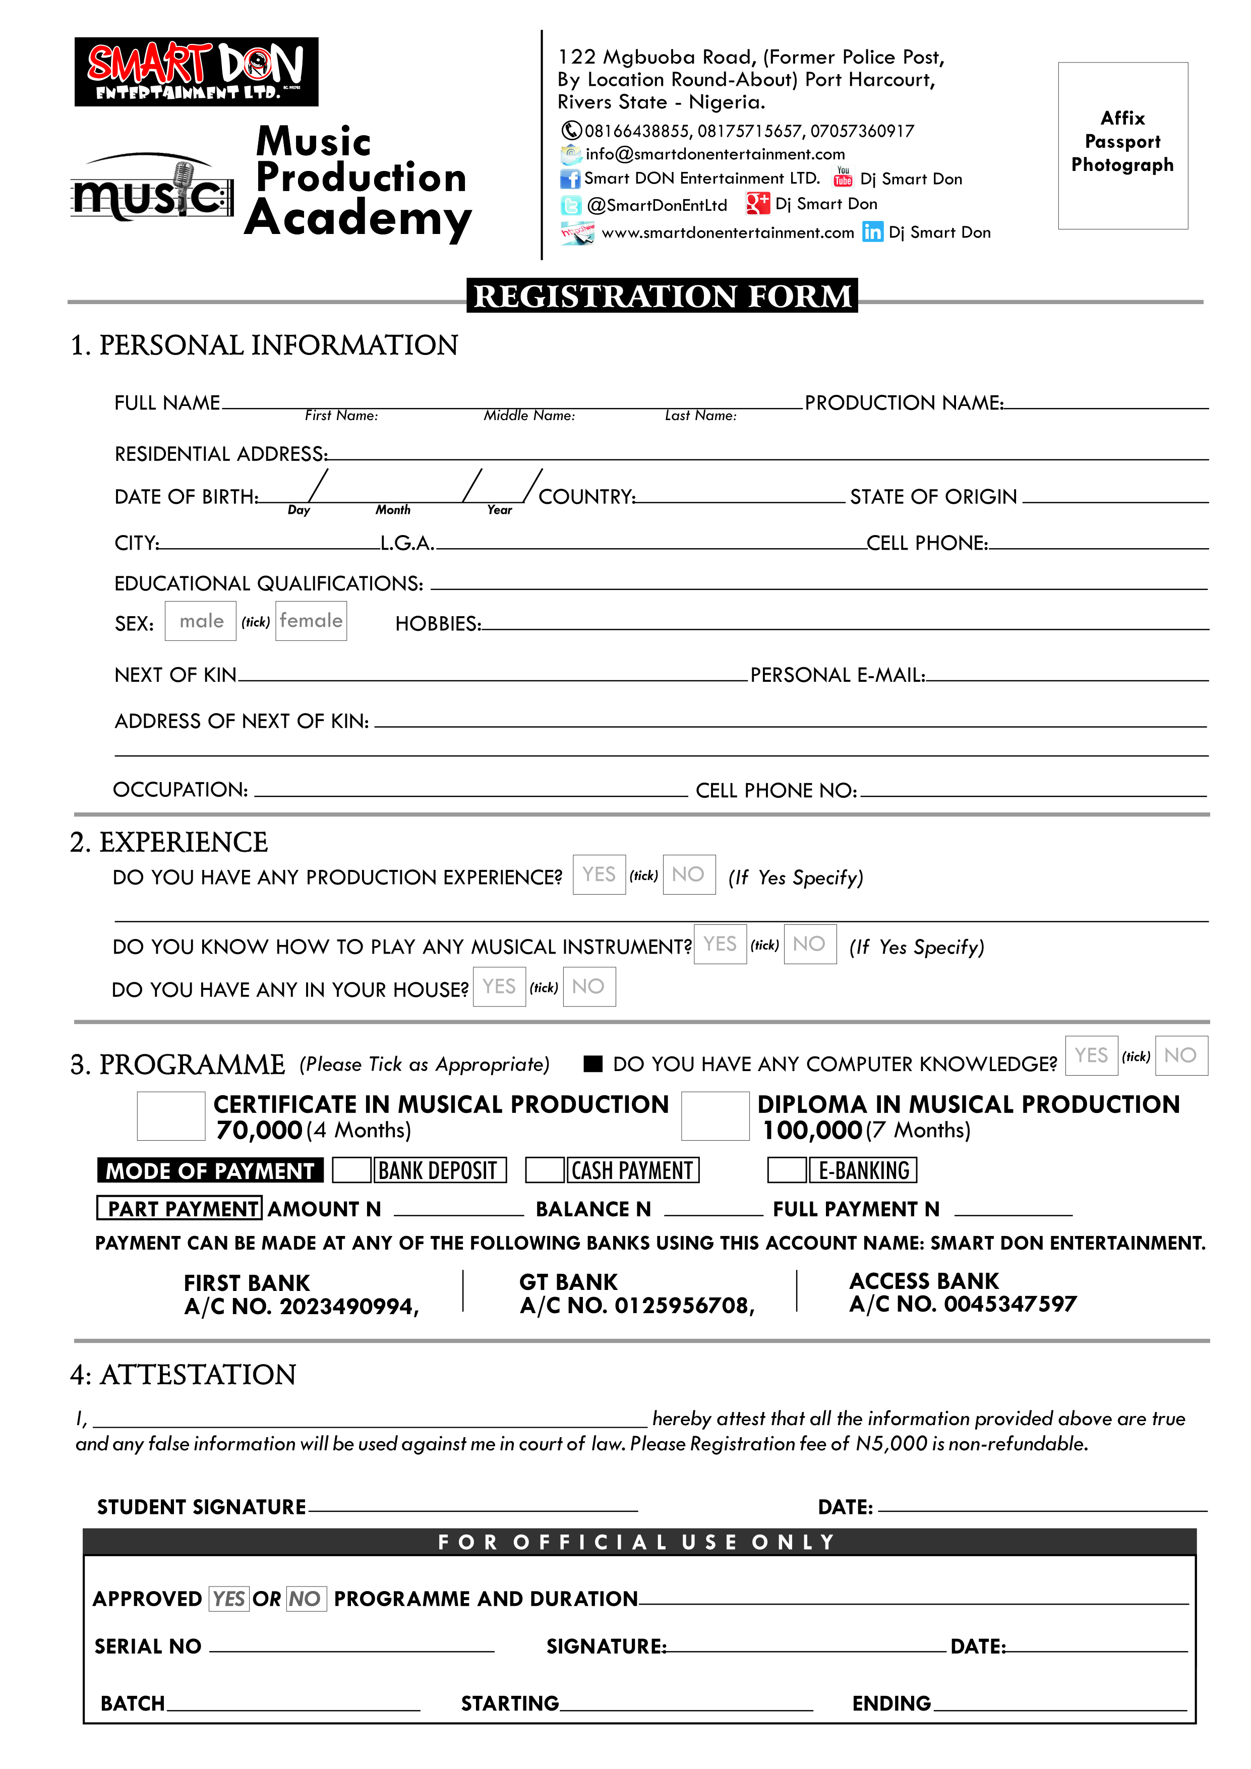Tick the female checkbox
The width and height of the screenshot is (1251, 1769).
click(311, 621)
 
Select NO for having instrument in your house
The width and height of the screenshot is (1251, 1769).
click(588, 987)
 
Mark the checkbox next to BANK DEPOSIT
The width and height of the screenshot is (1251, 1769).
click(351, 1170)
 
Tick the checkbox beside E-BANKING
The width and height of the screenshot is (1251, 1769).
click(787, 1170)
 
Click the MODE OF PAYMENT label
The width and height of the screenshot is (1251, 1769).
click(210, 1170)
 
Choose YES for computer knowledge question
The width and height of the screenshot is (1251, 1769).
click(1091, 1055)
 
